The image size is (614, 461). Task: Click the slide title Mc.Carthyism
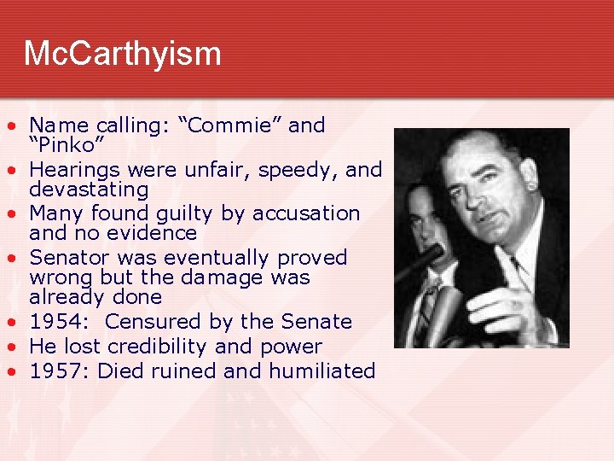click(123, 54)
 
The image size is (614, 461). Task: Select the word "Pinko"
click(65, 145)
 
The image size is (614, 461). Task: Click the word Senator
click(72, 258)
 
